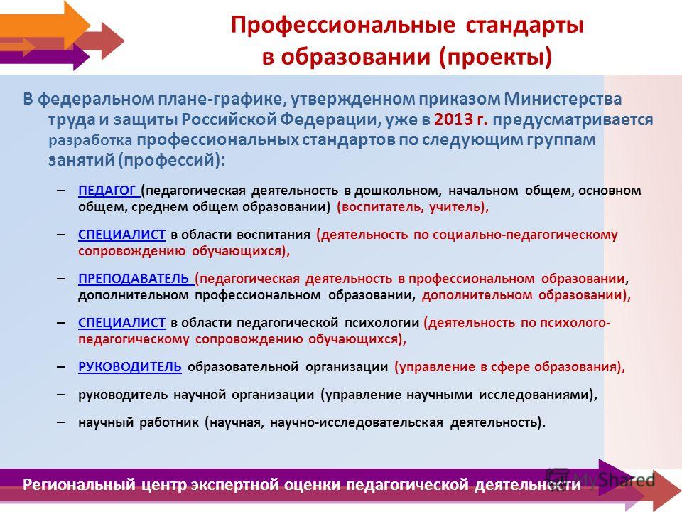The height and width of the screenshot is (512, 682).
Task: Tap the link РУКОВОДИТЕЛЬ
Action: [x=130, y=367]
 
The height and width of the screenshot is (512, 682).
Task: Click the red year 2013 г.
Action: [x=460, y=119]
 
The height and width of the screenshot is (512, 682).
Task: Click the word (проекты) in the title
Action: [x=495, y=57]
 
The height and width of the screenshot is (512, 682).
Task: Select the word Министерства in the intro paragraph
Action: [x=563, y=100]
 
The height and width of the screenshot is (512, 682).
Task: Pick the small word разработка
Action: [x=90, y=141]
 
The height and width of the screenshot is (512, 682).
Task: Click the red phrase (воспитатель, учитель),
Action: [x=413, y=207]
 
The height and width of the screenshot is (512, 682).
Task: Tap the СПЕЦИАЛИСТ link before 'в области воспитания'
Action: [x=121, y=235]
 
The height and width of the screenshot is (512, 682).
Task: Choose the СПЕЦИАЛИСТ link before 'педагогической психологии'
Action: [x=121, y=323]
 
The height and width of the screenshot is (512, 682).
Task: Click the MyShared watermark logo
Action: [x=600, y=479]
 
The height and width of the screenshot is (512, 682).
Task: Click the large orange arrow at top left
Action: [x=43, y=22]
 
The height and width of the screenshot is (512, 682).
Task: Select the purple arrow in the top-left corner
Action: [x=44, y=58]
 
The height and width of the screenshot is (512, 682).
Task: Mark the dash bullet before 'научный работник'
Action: [x=61, y=422]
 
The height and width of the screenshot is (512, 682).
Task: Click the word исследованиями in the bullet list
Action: [x=538, y=395]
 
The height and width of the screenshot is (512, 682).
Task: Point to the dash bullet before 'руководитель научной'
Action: [x=61, y=395]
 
